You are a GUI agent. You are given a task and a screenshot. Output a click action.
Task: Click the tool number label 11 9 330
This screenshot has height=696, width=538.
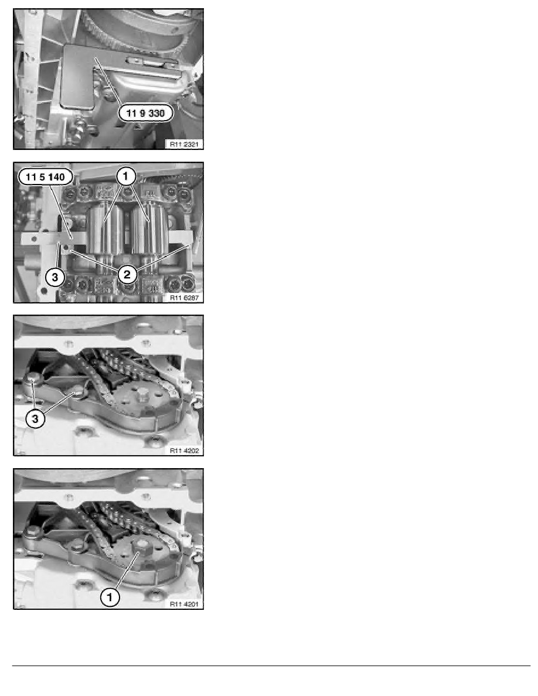[x=145, y=113]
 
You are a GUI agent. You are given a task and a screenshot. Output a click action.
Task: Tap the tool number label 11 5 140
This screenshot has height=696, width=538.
[x=45, y=177]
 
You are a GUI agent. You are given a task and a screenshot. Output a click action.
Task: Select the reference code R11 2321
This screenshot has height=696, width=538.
[x=184, y=144]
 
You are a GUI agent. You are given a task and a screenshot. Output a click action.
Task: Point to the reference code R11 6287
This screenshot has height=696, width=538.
[x=184, y=298]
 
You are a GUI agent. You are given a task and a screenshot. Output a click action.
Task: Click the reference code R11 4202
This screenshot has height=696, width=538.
[x=184, y=451]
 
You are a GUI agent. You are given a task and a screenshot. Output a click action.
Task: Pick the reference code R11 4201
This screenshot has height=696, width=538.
[x=184, y=604]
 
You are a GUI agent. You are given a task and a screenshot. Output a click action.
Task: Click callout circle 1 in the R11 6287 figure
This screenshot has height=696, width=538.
[x=125, y=177]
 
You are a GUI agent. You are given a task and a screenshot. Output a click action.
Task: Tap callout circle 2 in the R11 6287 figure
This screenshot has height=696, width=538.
[x=127, y=275]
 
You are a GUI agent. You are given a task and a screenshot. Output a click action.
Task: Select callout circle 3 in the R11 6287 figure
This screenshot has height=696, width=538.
[x=55, y=278]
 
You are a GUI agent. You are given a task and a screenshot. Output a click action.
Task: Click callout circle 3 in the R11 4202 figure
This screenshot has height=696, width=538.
[x=35, y=418]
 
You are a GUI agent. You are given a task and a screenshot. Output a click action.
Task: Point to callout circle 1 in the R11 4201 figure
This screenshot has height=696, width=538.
[x=110, y=597]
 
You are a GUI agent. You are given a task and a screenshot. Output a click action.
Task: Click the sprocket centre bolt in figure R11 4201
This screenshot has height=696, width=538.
[x=142, y=547]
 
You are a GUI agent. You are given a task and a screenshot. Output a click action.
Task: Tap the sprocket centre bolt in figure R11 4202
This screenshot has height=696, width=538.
[x=142, y=394]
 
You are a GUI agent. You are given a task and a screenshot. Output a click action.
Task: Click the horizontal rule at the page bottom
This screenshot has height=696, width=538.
[x=271, y=666]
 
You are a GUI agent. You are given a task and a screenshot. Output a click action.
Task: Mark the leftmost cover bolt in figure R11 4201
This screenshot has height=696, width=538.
[x=32, y=532]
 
